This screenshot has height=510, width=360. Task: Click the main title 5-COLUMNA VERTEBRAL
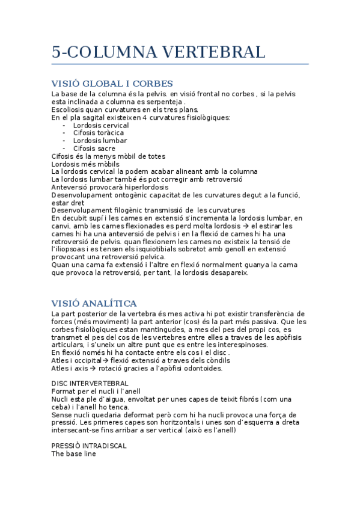click(158, 52)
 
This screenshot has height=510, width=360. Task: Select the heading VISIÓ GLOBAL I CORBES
click(112, 84)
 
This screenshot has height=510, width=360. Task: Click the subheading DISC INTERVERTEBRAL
click(90, 383)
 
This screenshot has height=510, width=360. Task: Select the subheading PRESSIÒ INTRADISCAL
click(89, 446)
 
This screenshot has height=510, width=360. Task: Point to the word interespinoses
click(222, 345)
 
